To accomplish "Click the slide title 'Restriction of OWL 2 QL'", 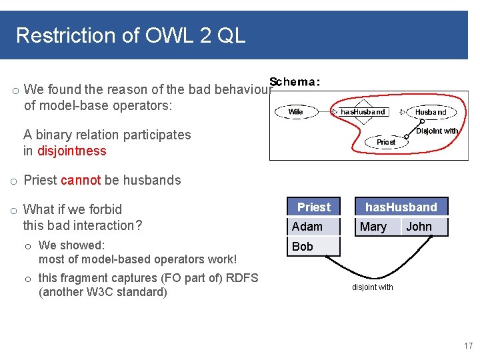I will [x=131, y=35].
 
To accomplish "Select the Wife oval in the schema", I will [x=295, y=112].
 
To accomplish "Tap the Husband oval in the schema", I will [x=431, y=113].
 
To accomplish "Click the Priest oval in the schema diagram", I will [x=386, y=142].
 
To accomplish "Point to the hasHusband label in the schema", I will [x=363, y=112].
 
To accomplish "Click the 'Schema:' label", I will [x=295, y=82].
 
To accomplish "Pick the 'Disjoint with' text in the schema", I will [x=437, y=131].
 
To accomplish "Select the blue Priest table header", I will [x=313, y=207].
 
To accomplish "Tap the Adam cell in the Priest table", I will [x=307, y=227].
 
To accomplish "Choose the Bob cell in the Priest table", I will [x=303, y=247].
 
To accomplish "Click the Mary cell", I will [x=373, y=227].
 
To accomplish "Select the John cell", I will [x=419, y=227].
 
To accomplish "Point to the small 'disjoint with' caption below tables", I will [x=373, y=287].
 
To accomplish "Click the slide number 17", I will [x=467, y=346].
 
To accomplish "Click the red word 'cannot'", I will [x=80, y=180].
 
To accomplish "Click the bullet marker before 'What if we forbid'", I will [x=13, y=211].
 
